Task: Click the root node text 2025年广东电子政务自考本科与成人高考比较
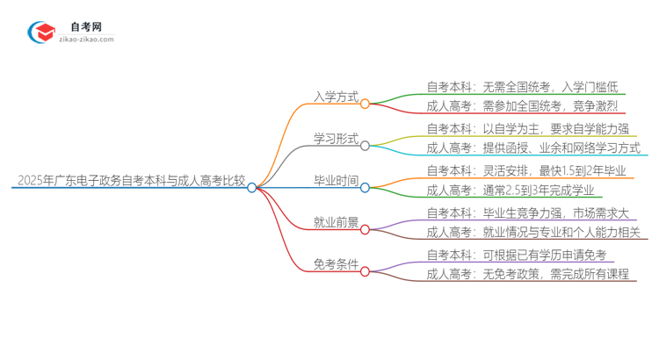(x=130, y=182)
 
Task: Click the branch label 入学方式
(x=336, y=97)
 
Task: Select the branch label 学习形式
(x=336, y=139)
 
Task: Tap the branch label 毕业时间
(x=336, y=182)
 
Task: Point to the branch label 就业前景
(x=336, y=223)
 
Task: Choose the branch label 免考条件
(x=336, y=264)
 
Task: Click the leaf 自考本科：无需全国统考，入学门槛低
(x=522, y=86)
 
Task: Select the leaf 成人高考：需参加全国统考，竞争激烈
(x=522, y=106)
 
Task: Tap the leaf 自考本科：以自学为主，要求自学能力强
(x=527, y=128)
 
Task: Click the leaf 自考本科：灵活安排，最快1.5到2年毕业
(x=526, y=170)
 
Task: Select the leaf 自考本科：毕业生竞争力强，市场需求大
(x=532, y=212)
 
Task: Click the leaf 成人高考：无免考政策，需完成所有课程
(x=527, y=275)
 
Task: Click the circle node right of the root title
(x=252, y=187)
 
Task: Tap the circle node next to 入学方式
(x=365, y=103)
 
